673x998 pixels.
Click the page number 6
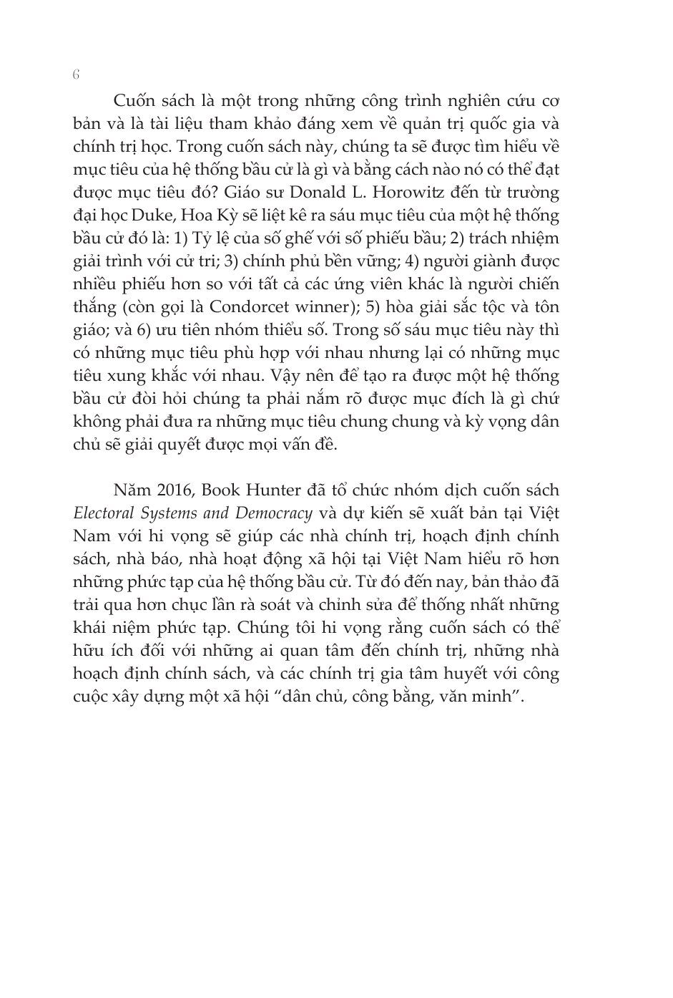77,75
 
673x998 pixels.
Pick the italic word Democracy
277,513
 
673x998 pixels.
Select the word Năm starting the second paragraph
128,490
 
